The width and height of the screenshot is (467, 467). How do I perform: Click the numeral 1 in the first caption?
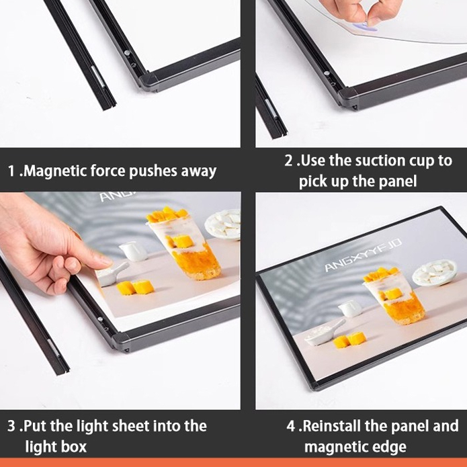[x=11, y=171]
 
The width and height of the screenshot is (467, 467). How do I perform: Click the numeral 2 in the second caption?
[x=288, y=161]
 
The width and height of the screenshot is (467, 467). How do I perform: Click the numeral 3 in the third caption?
[x=11, y=426]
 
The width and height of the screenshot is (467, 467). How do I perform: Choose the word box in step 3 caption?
[x=73, y=446]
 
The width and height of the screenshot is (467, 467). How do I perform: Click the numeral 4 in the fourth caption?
[x=291, y=426]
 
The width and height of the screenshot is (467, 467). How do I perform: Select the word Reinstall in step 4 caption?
[x=331, y=425]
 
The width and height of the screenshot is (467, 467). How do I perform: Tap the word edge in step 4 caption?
[x=390, y=448]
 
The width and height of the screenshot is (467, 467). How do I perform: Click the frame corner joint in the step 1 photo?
[x=150, y=81]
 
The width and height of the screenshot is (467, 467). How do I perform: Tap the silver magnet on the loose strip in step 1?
[x=97, y=77]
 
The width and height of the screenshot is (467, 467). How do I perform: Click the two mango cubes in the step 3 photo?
[x=135, y=288]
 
